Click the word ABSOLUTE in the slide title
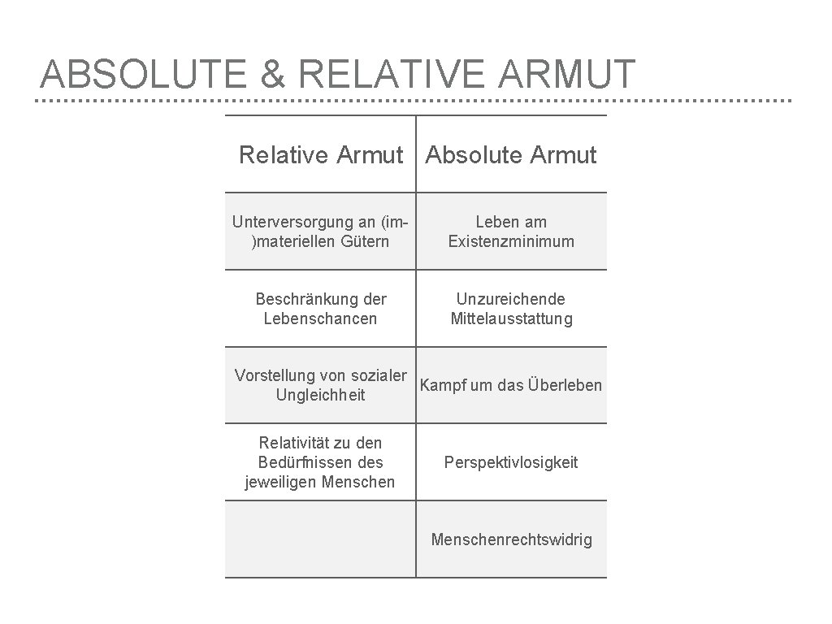click(x=143, y=74)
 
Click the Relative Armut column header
click(x=321, y=154)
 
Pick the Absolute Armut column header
click(x=511, y=154)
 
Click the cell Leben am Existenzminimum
click(x=511, y=232)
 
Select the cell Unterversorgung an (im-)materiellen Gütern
click(x=321, y=232)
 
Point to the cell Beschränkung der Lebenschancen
click(x=321, y=309)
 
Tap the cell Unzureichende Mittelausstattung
click(x=511, y=309)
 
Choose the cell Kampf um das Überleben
click(x=511, y=385)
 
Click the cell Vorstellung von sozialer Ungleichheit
click(x=321, y=385)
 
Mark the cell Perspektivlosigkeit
click(x=511, y=462)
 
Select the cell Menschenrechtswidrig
click(x=511, y=539)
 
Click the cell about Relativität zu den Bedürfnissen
click(x=321, y=462)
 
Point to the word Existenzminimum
click(x=511, y=241)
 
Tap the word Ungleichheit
click(x=321, y=396)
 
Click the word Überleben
click(x=565, y=385)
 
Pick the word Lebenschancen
click(x=321, y=318)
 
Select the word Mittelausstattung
click(x=511, y=318)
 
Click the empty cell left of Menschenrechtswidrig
click(x=321, y=539)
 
